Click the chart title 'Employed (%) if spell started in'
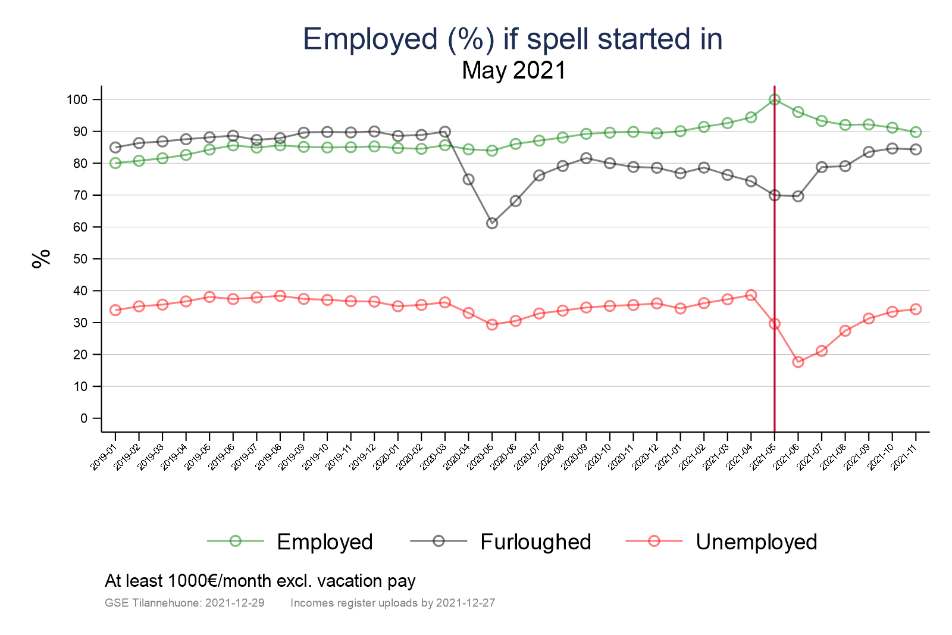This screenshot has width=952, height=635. tap(512, 39)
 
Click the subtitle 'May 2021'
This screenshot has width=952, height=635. tap(513, 71)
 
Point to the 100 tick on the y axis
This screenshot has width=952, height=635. tap(77, 99)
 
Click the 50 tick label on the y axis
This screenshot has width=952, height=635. tap(80, 259)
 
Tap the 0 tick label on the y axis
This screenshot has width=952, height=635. tap(84, 418)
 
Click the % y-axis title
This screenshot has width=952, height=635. tap(41, 259)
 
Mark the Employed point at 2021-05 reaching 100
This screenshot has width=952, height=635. tap(774, 99)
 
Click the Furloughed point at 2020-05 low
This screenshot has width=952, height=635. tap(492, 223)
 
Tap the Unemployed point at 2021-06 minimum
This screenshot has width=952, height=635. tap(798, 362)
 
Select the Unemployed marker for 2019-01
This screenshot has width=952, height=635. tap(115, 310)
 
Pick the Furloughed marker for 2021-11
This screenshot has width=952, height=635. tap(916, 149)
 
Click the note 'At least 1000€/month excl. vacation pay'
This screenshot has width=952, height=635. tap(260, 581)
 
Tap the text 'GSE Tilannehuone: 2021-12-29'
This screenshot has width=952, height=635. tap(184, 603)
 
